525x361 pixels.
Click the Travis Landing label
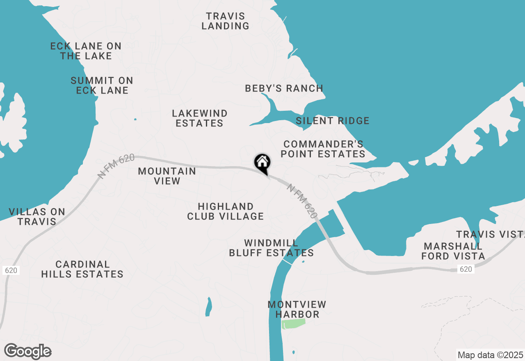pyautogui.click(x=225, y=21)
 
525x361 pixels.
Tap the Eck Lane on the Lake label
pyautogui.click(x=86, y=51)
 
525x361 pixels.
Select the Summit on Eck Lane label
pyautogui.click(x=102, y=85)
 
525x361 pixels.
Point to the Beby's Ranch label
pyautogui.click(x=284, y=88)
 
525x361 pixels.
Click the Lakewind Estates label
pyautogui.click(x=199, y=118)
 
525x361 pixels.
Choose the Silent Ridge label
pyautogui.click(x=333, y=121)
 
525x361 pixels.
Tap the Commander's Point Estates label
pyautogui.click(x=324, y=149)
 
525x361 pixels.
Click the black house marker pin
pyautogui.click(x=262, y=163)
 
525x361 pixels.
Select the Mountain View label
pyautogui.click(x=167, y=176)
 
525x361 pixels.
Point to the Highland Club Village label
pyautogui.click(x=225, y=211)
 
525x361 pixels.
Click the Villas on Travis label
pyautogui.click(x=37, y=217)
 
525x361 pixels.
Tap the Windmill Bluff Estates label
pyautogui.click(x=271, y=248)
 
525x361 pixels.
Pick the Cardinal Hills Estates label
pyautogui.click(x=82, y=269)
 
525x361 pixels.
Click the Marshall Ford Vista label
pyautogui.click(x=454, y=251)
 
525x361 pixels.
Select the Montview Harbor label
pyautogui.click(x=297, y=309)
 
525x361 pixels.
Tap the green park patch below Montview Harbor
pyautogui.click(x=294, y=324)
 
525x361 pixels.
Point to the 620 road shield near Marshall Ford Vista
pyautogui.click(x=466, y=269)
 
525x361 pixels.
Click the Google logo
pyautogui.click(x=28, y=352)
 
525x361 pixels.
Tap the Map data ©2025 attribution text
pyautogui.click(x=490, y=355)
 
